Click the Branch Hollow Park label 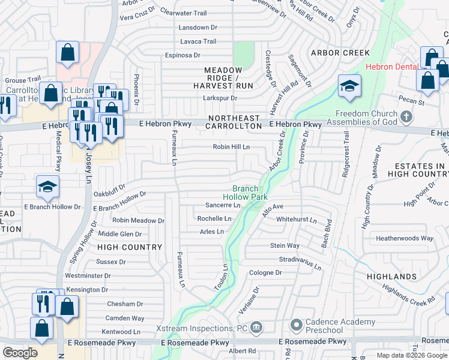pos(245,192)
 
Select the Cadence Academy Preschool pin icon pos(295,326)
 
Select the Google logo pos(20,353)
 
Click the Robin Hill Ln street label pos(231,147)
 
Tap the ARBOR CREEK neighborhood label pos(340,53)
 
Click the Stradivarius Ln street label pos(300,260)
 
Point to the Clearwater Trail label pos(183,13)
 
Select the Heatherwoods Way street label pos(404,238)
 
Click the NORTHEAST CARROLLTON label pos(234,122)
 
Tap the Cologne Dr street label pos(265,272)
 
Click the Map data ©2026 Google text pos(412,355)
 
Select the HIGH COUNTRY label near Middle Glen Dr pos(130,247)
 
